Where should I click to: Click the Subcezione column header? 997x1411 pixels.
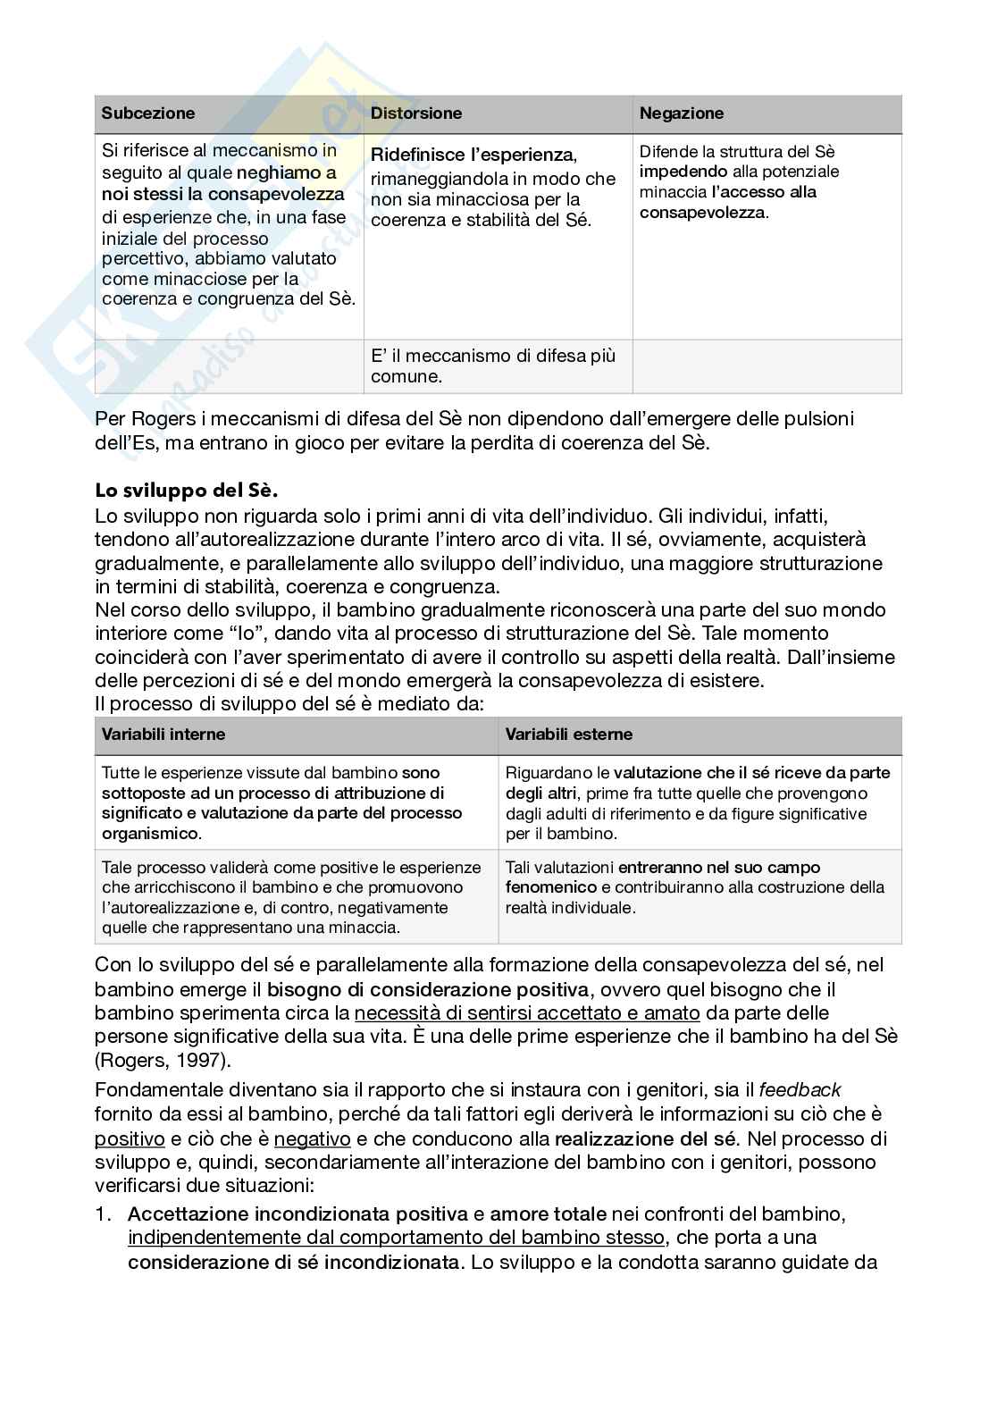click(147, 113)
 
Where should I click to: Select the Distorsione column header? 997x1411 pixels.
click(416, 113)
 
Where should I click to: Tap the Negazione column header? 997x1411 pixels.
click(682, 113)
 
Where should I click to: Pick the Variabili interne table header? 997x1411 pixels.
click(163, 735)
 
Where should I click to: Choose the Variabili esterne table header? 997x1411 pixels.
click(568, 735)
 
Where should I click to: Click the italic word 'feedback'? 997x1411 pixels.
click(800, 1090)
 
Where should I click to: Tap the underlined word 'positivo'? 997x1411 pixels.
click(130, 1139)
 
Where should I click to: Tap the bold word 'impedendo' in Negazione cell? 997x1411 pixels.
click(683, 172)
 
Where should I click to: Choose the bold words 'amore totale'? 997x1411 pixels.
click(548, 1214)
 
